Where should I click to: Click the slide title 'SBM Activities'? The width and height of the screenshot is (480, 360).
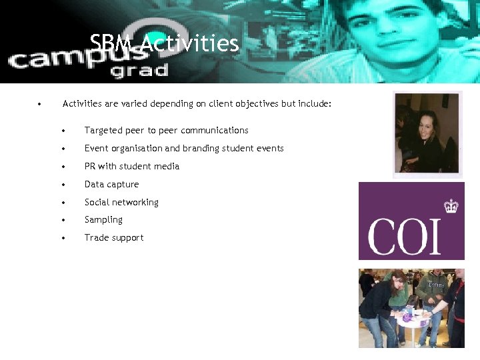[x=164, y=44]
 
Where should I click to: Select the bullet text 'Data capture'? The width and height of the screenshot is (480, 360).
[x=111, y=184]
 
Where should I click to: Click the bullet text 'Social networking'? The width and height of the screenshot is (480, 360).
[x=121, y=202]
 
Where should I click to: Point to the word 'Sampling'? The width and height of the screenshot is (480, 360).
[x=103, y=219]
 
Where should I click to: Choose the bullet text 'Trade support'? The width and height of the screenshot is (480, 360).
[x=113, y=237]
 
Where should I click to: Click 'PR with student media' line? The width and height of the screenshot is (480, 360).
[x=131, y=166]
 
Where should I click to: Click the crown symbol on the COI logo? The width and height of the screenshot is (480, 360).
[x=451, y=206]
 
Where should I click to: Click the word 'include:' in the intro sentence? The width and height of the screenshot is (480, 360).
[x=314, y=104]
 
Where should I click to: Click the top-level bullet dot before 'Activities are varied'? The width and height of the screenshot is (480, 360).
[x=40, y=104]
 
